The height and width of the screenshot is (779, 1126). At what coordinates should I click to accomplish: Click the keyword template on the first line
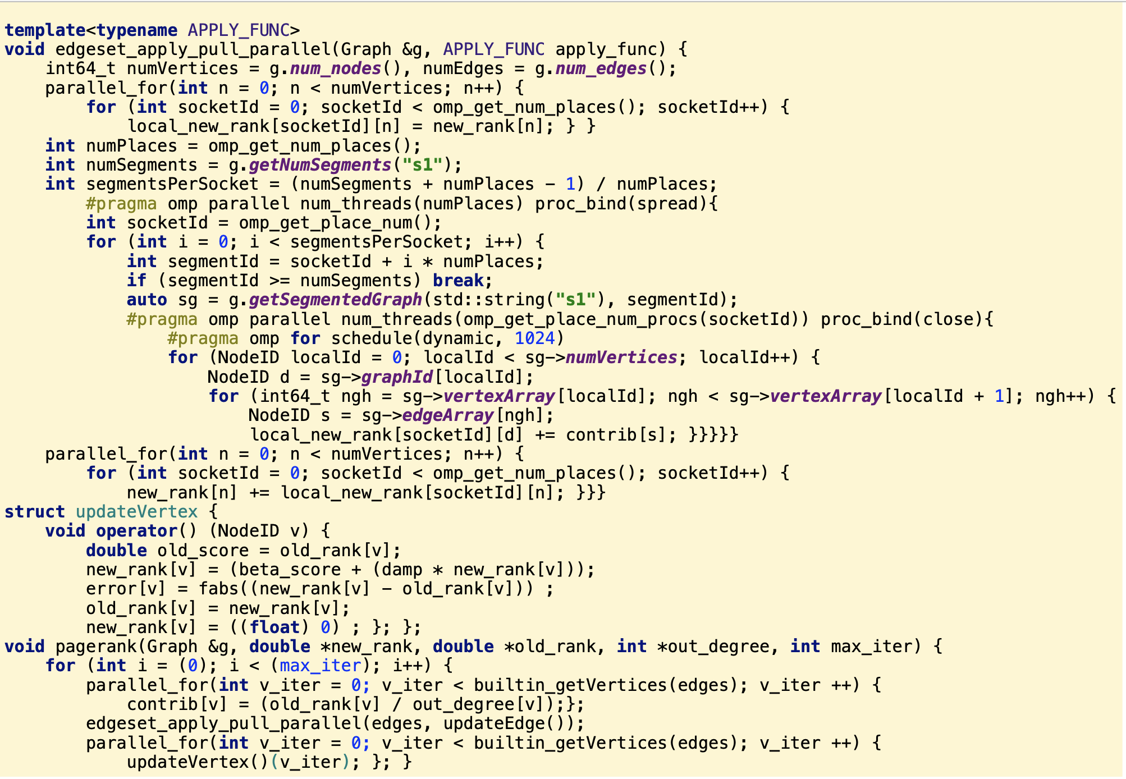[x=45, y=30]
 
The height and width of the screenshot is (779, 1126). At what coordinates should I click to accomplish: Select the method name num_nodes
[x=336, y=68]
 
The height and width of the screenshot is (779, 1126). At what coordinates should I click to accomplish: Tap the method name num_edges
[x=601, y=68]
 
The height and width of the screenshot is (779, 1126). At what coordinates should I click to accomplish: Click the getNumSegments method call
[x=320, y=165]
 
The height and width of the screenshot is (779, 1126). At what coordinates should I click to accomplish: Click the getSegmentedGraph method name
[x=335, y=300]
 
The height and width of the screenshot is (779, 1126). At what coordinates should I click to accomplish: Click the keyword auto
[x=147, y=300]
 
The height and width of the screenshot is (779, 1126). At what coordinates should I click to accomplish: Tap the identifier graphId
[x=397, y=377]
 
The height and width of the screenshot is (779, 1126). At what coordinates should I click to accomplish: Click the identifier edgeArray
[x=448, y=415]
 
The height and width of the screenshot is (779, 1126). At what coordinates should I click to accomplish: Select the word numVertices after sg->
[x=621, y=358]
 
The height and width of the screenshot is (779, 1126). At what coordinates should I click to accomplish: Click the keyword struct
[x=35, y=512]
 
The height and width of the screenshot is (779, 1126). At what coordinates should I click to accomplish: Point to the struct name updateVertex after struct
[x=136, y=512]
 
